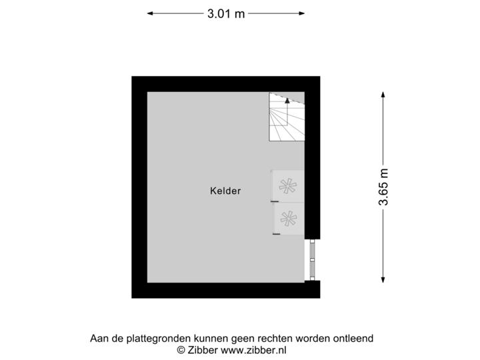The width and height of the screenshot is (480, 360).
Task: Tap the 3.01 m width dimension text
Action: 226,13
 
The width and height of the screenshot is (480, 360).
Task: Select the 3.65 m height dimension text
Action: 383,187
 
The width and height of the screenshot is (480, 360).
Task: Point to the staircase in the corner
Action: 286,117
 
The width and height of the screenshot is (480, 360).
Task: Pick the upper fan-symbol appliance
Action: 288,186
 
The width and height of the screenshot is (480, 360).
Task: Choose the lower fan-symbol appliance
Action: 288,218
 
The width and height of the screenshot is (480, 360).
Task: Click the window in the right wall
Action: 311,259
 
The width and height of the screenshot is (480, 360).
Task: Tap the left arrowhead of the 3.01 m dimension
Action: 149,13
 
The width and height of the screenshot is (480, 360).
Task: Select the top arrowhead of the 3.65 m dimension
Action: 383,94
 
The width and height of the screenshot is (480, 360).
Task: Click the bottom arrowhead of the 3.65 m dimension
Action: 383,280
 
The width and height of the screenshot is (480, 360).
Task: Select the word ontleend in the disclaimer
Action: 354,339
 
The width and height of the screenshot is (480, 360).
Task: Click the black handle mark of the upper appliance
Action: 275,201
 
